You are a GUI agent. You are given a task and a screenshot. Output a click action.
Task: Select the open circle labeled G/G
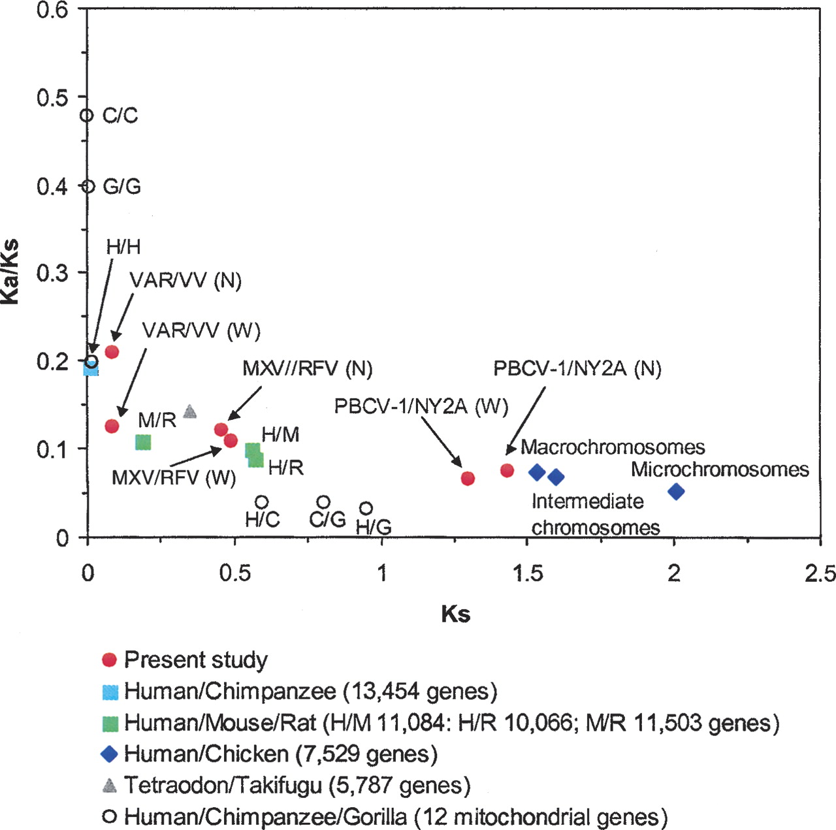pos(88,186)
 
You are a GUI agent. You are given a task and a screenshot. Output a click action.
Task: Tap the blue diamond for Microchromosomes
pos(676,491)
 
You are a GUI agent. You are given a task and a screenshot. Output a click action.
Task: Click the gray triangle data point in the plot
pos(190,411)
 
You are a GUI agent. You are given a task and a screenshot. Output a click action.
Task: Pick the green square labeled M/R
pos(143,442)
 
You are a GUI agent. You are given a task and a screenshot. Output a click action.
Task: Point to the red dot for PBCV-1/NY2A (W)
pos(468,478)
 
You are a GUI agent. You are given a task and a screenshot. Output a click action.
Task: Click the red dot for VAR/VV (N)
pos(112,352)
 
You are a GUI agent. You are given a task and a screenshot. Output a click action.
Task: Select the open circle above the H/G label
pos(366,508)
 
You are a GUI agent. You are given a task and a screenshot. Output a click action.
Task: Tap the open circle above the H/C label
pos(262,502)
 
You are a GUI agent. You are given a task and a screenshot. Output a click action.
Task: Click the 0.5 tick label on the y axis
pos(52,98)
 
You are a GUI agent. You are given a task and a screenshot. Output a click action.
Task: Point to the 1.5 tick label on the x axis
pos(527,573)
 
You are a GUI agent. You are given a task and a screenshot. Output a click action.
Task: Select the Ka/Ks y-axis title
pos(11,272)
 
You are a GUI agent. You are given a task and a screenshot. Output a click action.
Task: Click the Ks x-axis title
pos(455,614)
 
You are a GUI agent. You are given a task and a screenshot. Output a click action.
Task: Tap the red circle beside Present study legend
pos(110,660)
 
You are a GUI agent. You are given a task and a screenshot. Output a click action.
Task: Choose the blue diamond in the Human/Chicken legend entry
pos(110,754)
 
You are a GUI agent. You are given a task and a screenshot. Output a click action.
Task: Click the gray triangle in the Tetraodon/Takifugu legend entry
pos(110,785)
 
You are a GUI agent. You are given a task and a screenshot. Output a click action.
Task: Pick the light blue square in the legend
pos(110,692)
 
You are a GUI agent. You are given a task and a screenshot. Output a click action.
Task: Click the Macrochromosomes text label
pos(613,447)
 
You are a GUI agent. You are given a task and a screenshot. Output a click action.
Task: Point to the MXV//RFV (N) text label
pos(308,368)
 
